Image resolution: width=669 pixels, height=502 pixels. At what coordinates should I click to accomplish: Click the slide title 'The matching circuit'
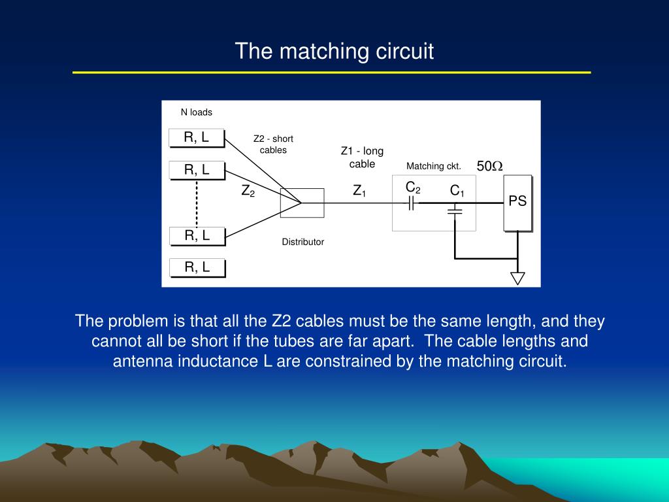coord(334,51)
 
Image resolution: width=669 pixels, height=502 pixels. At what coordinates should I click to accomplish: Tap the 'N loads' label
coord(196,112)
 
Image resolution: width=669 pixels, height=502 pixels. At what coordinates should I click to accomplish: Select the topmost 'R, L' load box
coord(197,137)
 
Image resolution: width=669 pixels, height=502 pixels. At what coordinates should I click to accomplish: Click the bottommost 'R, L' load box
coord(197,267)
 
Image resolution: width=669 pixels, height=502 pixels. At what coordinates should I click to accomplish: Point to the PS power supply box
coord(517,202)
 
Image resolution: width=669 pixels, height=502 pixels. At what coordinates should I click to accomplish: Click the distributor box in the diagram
coord(302,203)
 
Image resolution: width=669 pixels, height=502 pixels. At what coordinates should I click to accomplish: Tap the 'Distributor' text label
coord(302,242)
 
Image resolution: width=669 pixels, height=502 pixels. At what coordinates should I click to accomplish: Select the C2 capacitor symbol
coord(412,203)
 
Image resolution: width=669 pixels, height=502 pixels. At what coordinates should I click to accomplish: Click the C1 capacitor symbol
coord(455,210)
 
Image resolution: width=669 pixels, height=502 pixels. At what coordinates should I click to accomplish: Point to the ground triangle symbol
coord(517,278)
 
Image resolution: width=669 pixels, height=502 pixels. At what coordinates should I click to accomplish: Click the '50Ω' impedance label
coord(489,167)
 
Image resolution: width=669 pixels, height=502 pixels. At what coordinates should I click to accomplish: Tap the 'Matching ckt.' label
coord(434,167)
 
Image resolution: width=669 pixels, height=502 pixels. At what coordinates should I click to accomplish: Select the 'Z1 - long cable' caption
coord(362,158)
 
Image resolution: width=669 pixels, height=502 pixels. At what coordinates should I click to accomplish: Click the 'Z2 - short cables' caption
coord(273,144)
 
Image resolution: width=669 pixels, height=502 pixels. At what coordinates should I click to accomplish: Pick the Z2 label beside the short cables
coord(248,192)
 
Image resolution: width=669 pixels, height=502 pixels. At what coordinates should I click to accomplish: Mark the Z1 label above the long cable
coord(359,192)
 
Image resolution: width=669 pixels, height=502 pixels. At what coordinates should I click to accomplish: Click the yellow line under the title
coord(331,73)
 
